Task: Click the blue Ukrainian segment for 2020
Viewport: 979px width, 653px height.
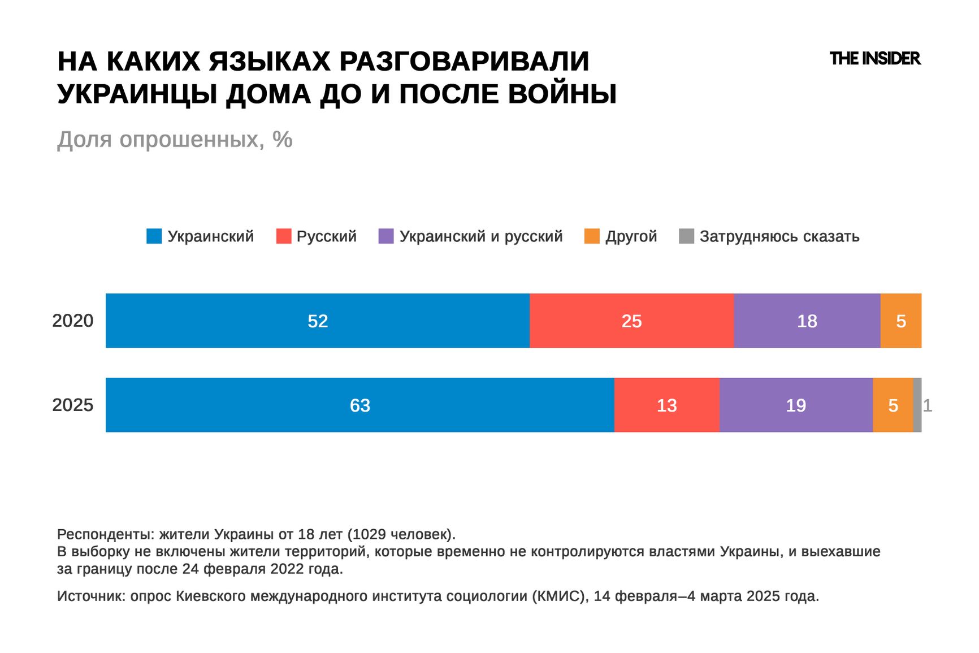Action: pyautogui.click(x=318, y=321)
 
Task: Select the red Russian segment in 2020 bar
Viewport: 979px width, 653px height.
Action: pyautogui.click(x=631, y=321)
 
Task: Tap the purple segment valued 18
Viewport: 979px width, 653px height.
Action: pyautogui.click(x=807, y=321)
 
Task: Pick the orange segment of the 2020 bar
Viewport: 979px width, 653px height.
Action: pyautogui.click(x=901, y=321)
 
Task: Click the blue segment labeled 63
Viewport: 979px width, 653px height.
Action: pyautogui.click(x=359, y=405)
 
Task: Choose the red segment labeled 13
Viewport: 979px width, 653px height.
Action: pyautogui.click(x=666, y=405)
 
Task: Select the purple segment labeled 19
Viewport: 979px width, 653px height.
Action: pyautogui.click(x=796, y=405)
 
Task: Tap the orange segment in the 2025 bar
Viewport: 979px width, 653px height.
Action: pyautogui.click(x=893, y=405)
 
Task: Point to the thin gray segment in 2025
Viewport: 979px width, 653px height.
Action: pyautogui.click(x=917, y=405)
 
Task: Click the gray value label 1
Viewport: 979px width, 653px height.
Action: pyautogui.click(x=928, y=405)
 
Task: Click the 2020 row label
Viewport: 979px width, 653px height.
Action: pyautogui.click(x=73, y=321)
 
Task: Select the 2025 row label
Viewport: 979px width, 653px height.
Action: pyautogui.click(x=73, y=405)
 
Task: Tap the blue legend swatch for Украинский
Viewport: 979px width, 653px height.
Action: pyautogui.click(x=154, y=236)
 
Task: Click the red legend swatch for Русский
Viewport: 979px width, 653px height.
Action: pyautogui.click(x=283, y=236)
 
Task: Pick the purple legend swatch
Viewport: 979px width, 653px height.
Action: pyautogui.click(x=386, y=236)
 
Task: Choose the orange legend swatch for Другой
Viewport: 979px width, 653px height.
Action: pyautogui.click(x=592, y=236)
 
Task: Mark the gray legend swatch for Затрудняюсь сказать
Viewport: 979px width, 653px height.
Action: pyautogui.click(x=686, y=236)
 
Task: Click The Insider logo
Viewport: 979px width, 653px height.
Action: pyautogui.click(x=875, y=58)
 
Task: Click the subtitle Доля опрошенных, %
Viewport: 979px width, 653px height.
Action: pyautogui.click(x=175, y=139)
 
